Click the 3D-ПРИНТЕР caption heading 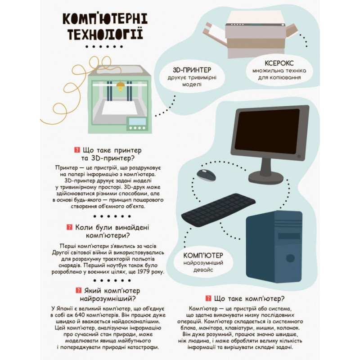192,71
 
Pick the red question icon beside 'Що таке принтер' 76,150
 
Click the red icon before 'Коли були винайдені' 70,227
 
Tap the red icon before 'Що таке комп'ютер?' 208,298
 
